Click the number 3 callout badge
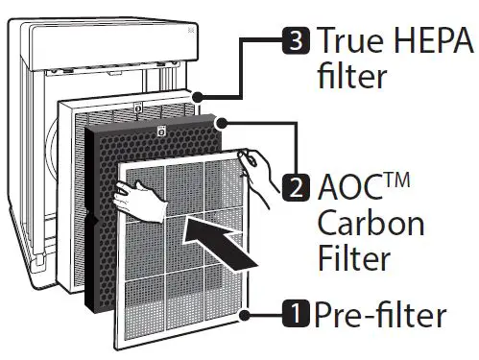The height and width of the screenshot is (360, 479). click(298, 41)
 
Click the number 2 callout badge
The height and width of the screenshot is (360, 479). click(296, 184)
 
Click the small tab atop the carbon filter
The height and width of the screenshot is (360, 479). click(160, 130)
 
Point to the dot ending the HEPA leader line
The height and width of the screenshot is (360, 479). click(197, 97)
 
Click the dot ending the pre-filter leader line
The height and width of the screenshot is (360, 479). click(246, 312)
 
